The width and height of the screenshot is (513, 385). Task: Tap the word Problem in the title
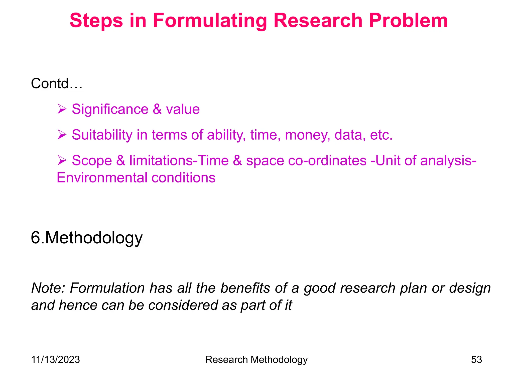click(x=408, y=21)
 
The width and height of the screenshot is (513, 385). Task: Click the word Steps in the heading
click(x=96, y=21)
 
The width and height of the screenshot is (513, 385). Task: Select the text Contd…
click(x=57, y=83)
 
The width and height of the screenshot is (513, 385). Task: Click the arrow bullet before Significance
click(x=62, y=109)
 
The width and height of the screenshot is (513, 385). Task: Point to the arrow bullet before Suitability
click(x=62, y=135)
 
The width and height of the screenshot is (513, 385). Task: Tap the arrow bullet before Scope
click(x=62, y=160)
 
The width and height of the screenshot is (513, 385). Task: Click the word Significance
click(x=110, y=109)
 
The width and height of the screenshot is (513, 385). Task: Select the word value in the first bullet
click(x=183, y=109)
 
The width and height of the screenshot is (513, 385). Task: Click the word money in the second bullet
click(x=307, y=135)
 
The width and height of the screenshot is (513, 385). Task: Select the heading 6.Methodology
click(x=87, y=238)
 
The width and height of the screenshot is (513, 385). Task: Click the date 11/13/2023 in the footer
click(x=55, y=360)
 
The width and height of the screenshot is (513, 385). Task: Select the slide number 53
click(x=476, y=360)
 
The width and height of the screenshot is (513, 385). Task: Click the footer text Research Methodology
click(x=256, y=360)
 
